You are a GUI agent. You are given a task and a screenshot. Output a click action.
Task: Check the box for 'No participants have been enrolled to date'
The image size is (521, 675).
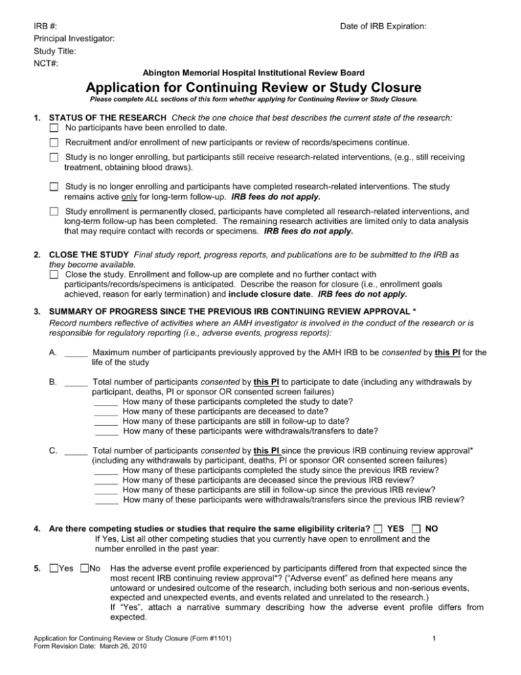tap(54, 128)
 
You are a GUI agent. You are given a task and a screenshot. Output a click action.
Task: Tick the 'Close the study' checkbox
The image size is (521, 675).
tap(54, 274)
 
